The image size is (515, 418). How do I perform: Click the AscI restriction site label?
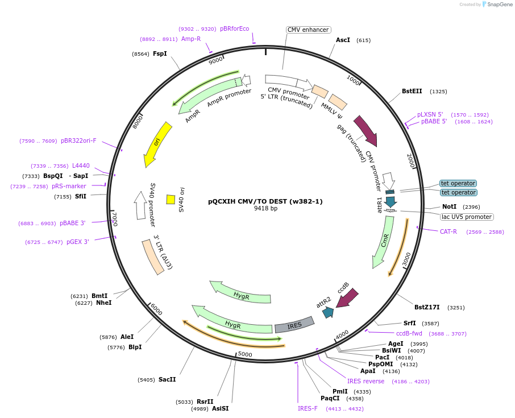click(343, 40)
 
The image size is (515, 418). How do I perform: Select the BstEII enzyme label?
click(412, 91)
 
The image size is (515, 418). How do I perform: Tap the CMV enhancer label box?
click(308, 30)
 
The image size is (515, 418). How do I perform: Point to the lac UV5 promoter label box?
click(467, 217)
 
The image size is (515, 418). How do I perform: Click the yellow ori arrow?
click(157, 143)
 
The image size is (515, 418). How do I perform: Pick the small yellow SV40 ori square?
click(171, 199)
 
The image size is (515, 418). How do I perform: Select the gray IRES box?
click(294, 325)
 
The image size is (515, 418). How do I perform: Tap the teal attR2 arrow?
click(327, 312)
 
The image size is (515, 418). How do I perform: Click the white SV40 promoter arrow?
click(140, 205)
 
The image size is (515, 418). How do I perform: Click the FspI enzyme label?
click(160, 54)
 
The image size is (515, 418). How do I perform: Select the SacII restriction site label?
click(167, 379)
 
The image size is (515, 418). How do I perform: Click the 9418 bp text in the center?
click(265, 209)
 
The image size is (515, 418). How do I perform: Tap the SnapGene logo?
click(497, 5)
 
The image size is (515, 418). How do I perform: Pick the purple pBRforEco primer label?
click(234, 29)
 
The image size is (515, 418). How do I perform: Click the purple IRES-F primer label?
click(308, 408)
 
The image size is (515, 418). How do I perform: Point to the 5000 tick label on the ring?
click(245, 354)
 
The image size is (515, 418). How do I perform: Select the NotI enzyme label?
click(449, 207)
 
